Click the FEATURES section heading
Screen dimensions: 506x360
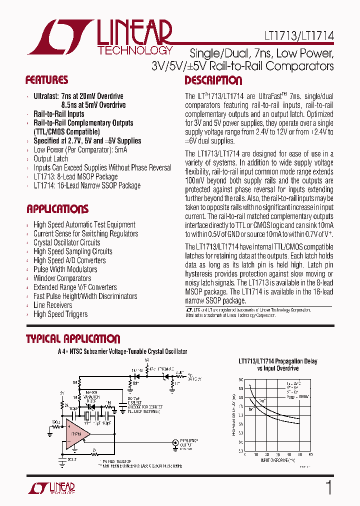coord(46,80)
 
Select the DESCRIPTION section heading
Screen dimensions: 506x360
coord(213,80)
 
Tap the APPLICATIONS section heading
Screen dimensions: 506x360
coord(57,209)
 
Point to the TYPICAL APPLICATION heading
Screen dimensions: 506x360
coord(73,339)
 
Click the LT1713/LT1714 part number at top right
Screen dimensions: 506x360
coord(299,36)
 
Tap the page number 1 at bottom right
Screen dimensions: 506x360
coord(328,488)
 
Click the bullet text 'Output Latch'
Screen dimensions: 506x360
coord(50,159)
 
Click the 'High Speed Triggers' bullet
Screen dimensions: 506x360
coord(60,314)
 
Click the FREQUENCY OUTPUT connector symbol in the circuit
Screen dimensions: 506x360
coord(175,442)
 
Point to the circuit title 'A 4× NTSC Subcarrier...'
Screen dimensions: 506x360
coord(122,352)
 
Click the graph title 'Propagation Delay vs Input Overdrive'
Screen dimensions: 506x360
coord(277,364)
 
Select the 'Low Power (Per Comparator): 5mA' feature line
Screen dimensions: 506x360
coord(80,150)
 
